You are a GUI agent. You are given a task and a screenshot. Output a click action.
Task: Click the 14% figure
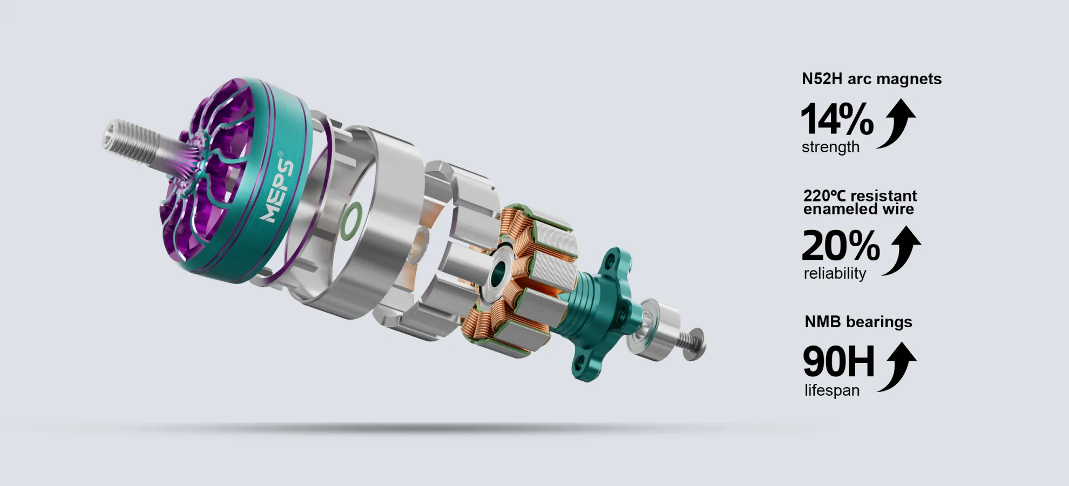pos(836,119)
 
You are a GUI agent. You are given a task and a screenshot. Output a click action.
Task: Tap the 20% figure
pos(841,245)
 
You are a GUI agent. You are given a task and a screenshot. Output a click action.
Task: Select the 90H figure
pos(838,361)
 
